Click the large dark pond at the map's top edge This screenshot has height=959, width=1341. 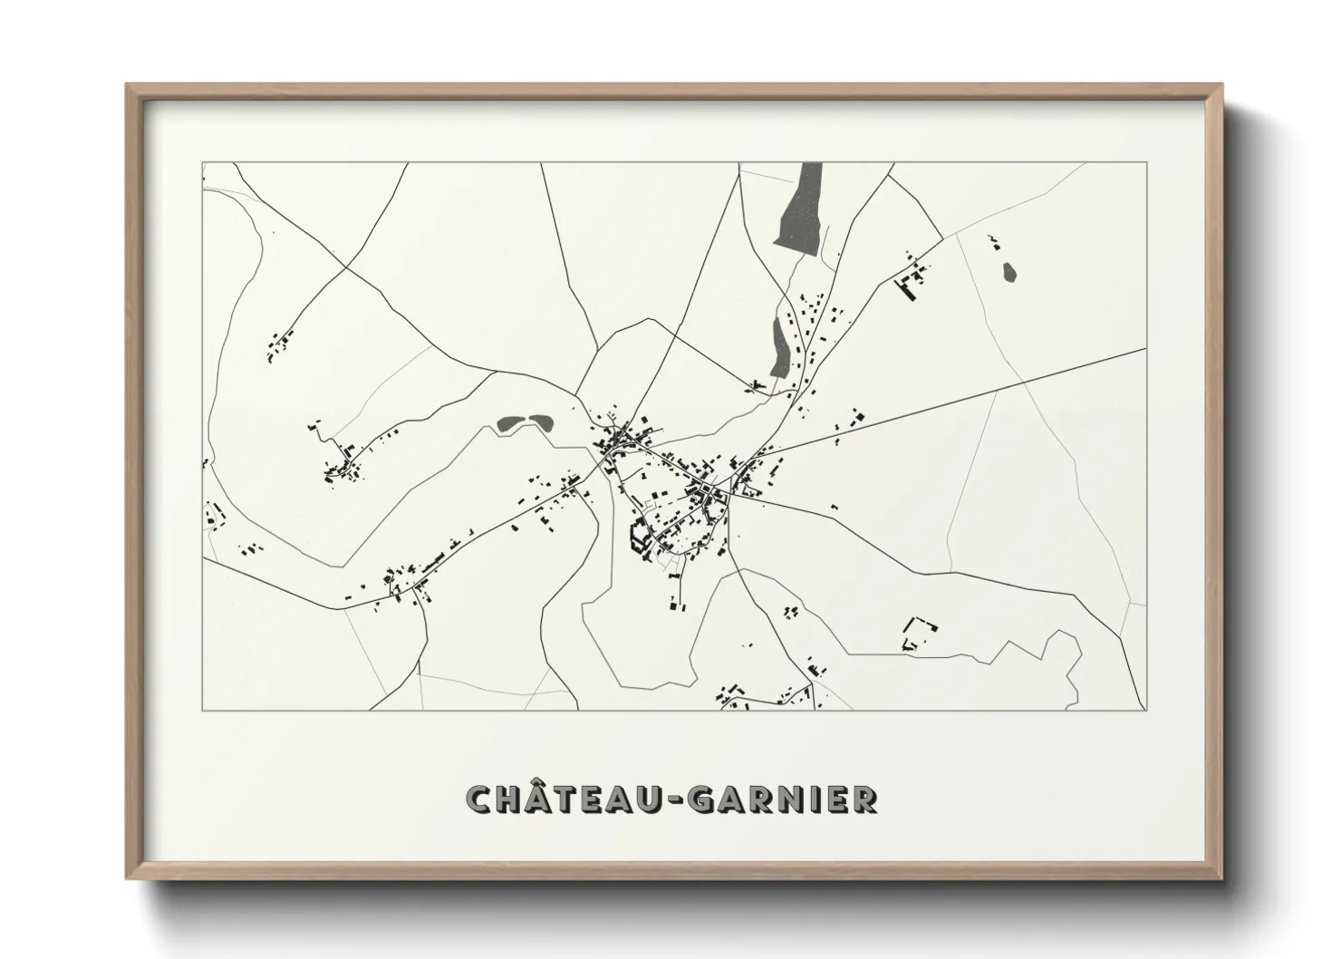(x=799, y=207)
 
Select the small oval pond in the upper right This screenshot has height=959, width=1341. (x=1008, y=271)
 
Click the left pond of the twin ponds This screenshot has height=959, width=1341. (x=510, y=421)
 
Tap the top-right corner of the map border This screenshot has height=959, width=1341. (x=1147, y=163)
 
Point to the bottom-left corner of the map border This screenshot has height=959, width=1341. (x=203, y=710)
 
